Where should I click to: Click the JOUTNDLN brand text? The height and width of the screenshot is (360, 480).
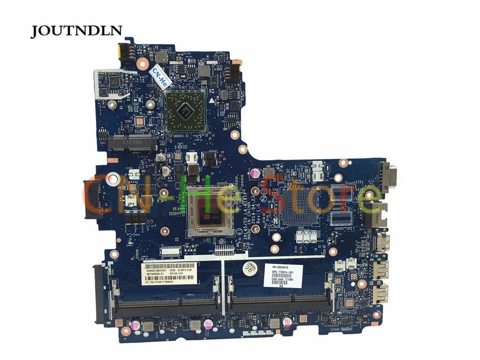coord(76,31)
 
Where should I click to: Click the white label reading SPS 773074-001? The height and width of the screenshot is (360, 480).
coord(287,276)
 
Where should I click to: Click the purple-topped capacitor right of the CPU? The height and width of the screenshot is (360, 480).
coord(255,174)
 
